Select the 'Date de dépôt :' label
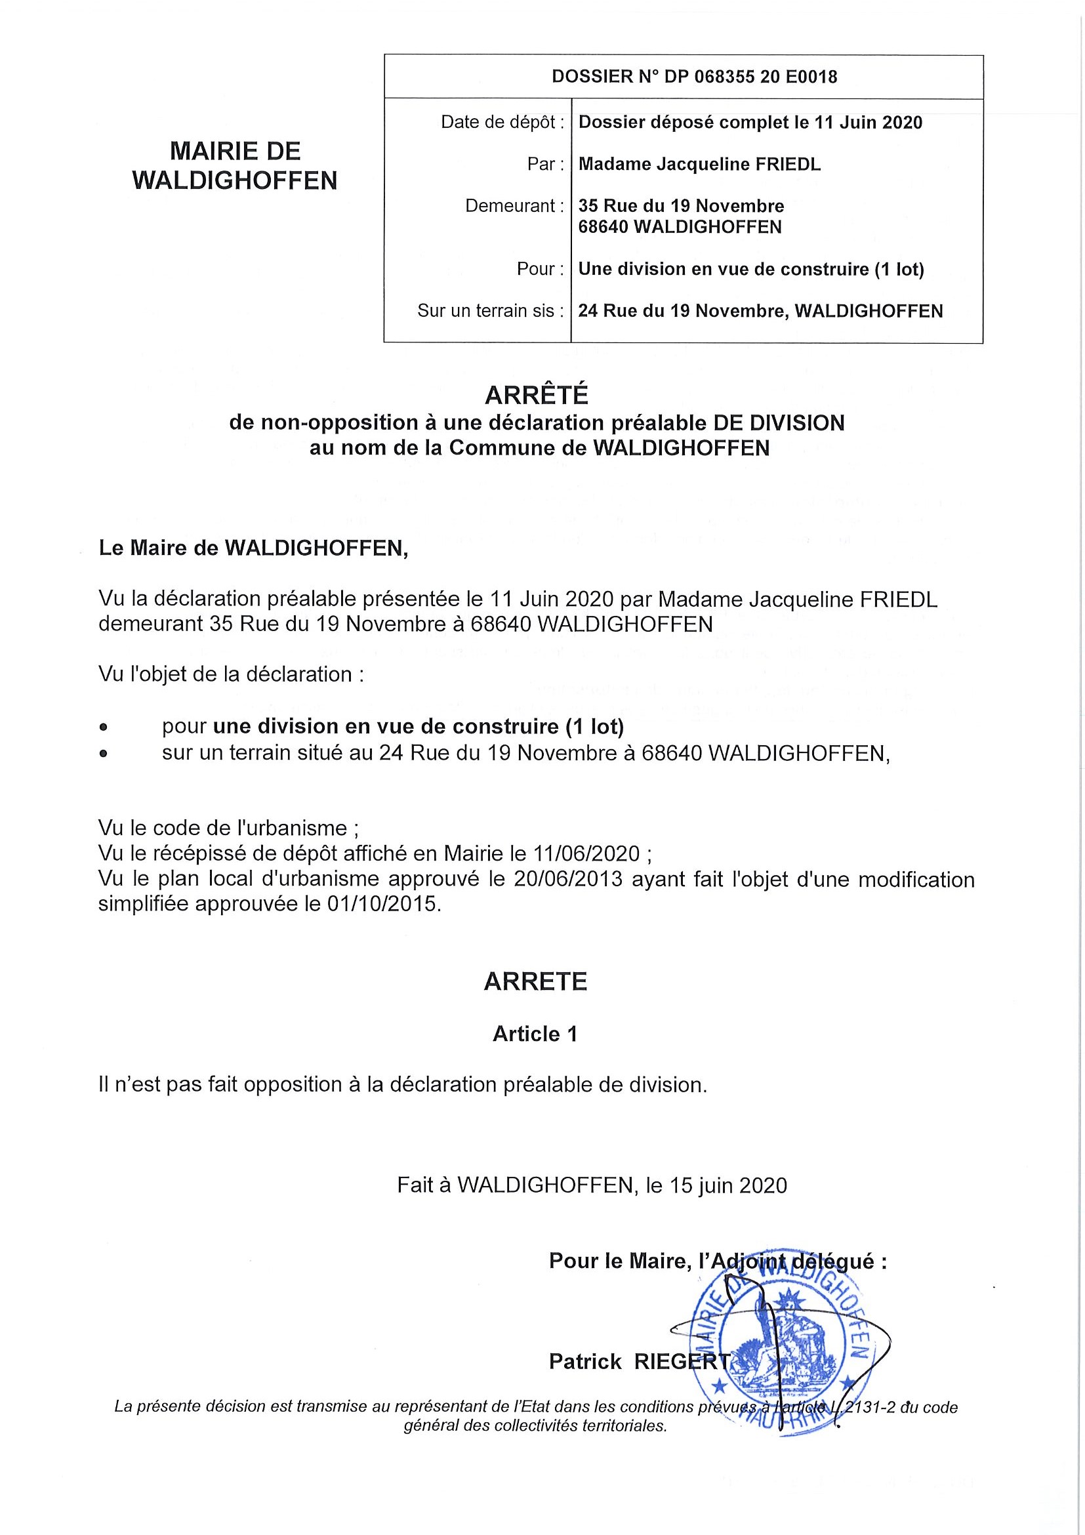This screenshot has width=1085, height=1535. point(502,123)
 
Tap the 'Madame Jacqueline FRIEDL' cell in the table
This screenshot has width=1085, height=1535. point(699,165)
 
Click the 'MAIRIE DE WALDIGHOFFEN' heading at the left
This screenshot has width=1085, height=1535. point(235,166)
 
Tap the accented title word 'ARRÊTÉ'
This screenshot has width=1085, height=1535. point(536,395)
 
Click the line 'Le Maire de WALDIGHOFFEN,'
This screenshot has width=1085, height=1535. point(253,548)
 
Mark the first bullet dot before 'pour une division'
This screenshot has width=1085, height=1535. point(103,726)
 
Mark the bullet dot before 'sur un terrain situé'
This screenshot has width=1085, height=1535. point(103,754)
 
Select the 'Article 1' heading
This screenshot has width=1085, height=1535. point(535,1034)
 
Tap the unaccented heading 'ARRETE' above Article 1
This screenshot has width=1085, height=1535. point(535,981)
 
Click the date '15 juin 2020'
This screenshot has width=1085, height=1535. point(728,1185)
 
